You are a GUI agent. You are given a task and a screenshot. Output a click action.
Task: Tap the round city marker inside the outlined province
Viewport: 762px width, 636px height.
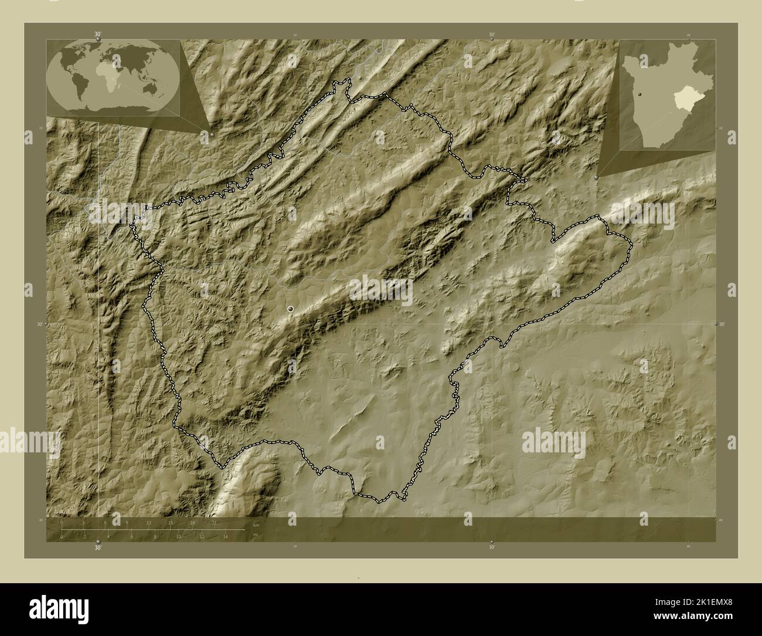(x=291, y=308)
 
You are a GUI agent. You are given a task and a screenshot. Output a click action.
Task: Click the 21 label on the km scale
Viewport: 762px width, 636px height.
(x=215, y=522)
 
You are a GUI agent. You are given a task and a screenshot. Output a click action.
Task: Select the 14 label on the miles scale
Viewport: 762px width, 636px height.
(x=225, y=536)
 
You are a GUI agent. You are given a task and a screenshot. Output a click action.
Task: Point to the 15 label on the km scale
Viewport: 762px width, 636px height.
(x=171, y=522)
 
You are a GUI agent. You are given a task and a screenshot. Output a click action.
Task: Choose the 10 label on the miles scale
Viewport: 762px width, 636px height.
(x=178, y=536)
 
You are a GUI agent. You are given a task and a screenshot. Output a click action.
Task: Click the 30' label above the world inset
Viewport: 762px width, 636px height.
(x=98, y=35)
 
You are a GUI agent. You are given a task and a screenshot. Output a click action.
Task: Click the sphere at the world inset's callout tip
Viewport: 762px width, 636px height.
(x=212, y=134)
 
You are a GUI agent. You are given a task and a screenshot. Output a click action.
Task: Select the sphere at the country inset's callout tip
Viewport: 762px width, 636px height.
(x=597, y=176)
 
